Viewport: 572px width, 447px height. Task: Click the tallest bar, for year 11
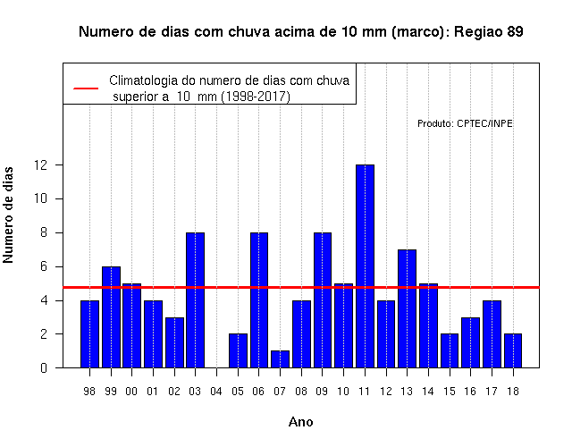click(365, 266)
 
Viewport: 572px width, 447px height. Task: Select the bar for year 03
click(195, 300)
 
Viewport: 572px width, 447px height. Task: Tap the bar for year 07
click(280, 359)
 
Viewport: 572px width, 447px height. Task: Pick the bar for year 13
click(408, 308)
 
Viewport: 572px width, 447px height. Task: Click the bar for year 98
click(89, 333)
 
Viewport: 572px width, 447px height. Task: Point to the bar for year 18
click(513, 350)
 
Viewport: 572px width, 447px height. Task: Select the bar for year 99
click(111, 317)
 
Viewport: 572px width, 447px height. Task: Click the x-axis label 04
click(216, 392)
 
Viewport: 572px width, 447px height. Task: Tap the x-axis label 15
click(450, 392)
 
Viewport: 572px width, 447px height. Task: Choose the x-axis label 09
click(322, 392)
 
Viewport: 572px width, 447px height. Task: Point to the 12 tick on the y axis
click(41, 164)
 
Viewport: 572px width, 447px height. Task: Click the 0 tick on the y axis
click(44, 367)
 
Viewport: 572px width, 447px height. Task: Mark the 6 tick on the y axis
click(44, 266)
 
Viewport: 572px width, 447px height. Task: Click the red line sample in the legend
click(86, 89)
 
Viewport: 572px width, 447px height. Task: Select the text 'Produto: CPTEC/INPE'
click(465, 123)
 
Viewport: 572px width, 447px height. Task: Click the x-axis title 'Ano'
click(301, 422)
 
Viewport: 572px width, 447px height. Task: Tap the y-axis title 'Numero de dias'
click(8, 215)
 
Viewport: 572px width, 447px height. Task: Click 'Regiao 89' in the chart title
click(489, 32)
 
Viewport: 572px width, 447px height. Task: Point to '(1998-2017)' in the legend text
click(256, 97)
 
